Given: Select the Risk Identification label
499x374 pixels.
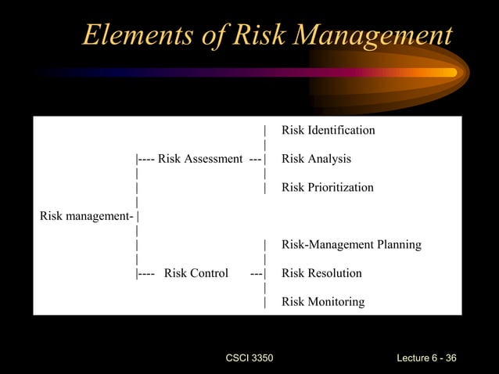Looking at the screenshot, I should click(328, 130).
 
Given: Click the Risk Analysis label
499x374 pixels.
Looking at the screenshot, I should click(316, 159).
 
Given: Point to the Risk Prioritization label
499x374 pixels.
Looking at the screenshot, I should click(327, 188).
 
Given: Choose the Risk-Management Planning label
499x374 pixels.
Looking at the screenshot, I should click(351, 245).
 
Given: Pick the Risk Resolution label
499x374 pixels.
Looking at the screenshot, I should click(321, 273).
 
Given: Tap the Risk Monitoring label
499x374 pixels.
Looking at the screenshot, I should click(322, 302).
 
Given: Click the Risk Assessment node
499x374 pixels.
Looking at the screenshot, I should click(199, 159).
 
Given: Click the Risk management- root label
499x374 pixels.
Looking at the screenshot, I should click(86, 216).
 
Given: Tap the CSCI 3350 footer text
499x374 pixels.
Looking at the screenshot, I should click(249, 358).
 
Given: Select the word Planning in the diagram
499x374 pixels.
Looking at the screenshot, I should click(398, 245).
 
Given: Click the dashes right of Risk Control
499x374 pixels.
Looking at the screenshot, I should click(257, 273).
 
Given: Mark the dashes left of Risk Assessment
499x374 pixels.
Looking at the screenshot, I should click(146, 159).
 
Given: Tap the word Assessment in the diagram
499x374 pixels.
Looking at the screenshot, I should click(213, 159).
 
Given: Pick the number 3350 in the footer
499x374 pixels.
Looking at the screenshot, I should click(262, 358).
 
